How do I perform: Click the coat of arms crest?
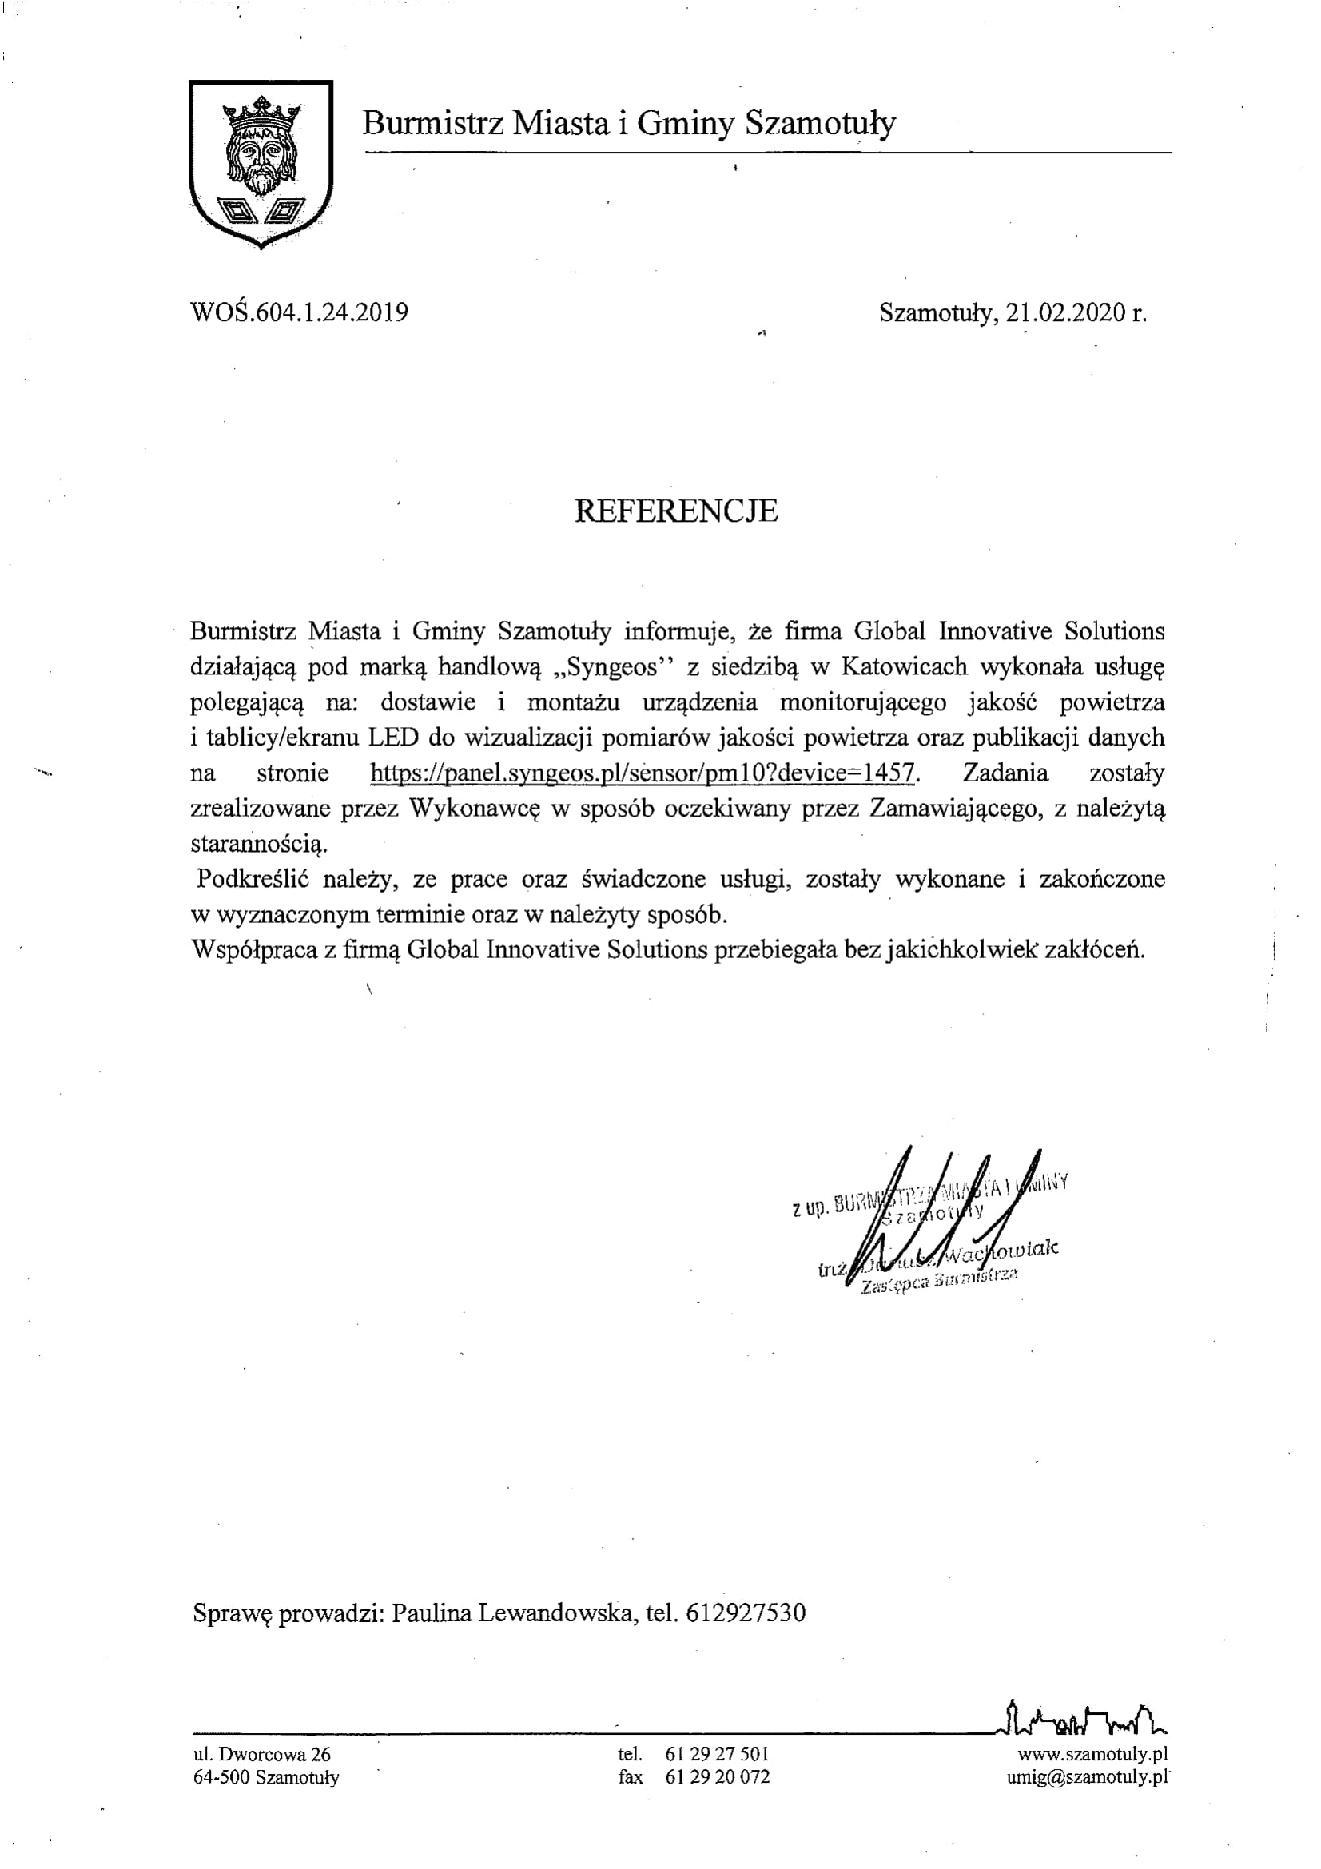pos(261,163)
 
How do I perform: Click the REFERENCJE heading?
pos(675,511)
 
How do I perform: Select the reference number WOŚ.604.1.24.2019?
pos(299,312)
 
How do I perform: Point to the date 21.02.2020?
pos(1065,312)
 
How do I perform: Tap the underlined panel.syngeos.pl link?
pos(644,773)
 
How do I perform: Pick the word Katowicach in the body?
pos(905,666)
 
